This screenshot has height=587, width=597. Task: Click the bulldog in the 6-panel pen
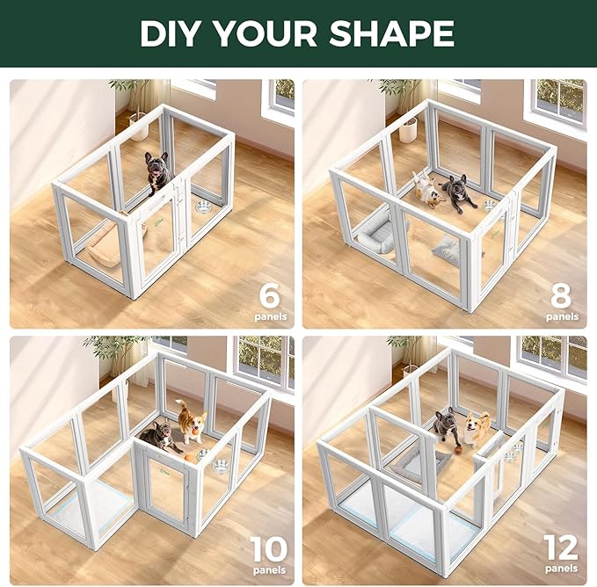point(158,171)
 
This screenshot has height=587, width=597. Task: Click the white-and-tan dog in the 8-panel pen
point(429,190)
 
